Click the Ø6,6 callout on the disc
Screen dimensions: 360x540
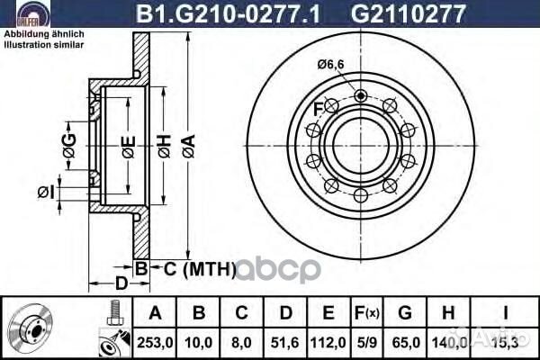(329, 64)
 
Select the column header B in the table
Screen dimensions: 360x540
(200, 314)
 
